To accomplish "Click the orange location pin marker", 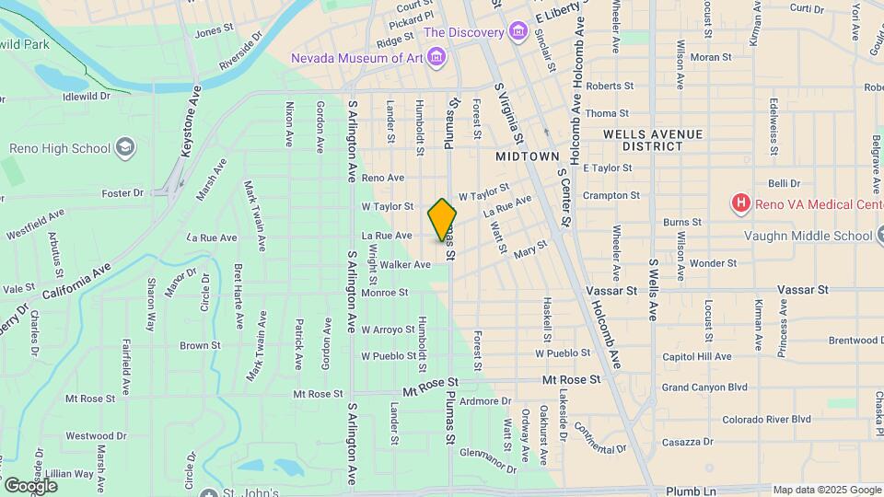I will [442, 220].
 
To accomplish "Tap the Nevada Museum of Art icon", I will [436, 59].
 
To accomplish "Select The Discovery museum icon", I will [518, 33].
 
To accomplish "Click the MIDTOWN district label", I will [528, 156].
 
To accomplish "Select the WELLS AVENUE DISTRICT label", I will [653, 140].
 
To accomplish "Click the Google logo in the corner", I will [29, 485].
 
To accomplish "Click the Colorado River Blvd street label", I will [766, 419].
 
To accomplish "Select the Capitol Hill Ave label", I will [697, 356].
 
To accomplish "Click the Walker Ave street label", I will [405, 264].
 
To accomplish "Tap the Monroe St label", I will [385, 293].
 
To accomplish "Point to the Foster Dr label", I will [124, 192].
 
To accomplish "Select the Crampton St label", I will [611, 195].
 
